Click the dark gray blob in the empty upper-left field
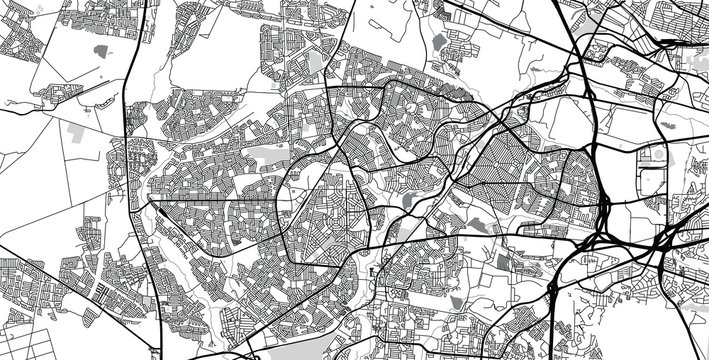coord(101,50)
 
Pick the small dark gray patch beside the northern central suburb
coord(440,43)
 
